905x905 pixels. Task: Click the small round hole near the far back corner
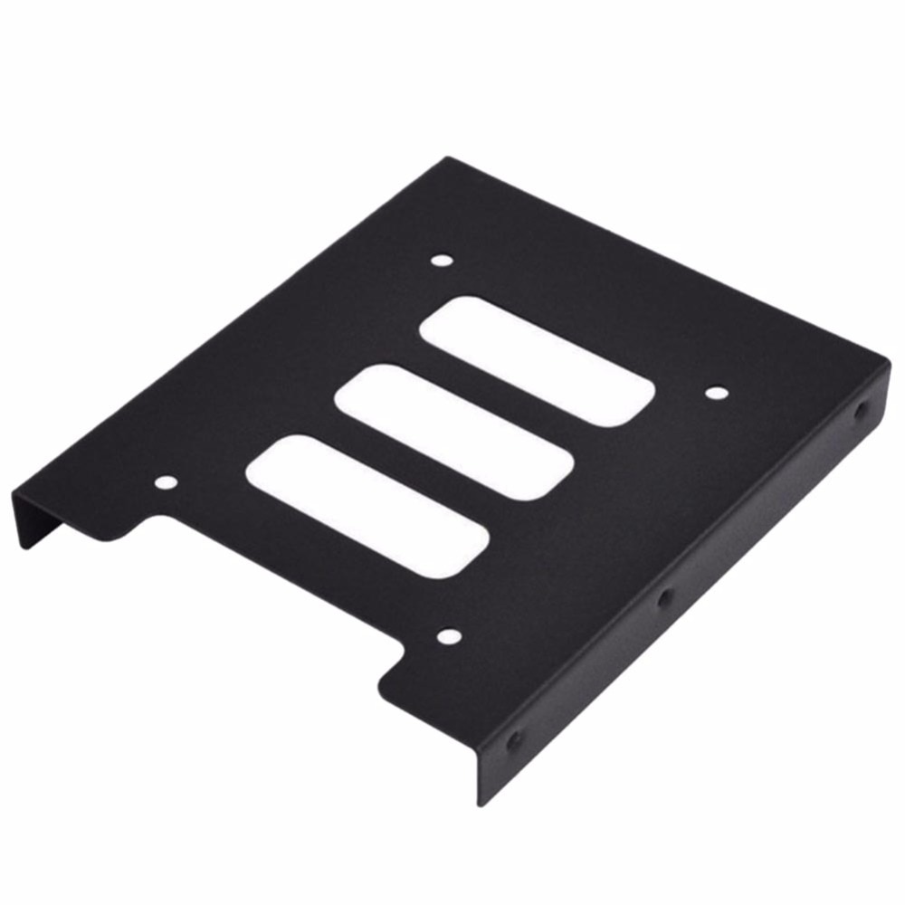coord(441,261)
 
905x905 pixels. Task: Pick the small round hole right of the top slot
coord(715,394)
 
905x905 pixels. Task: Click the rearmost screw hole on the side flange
coord(859,408)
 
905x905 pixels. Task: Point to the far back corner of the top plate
coord(446,159)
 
